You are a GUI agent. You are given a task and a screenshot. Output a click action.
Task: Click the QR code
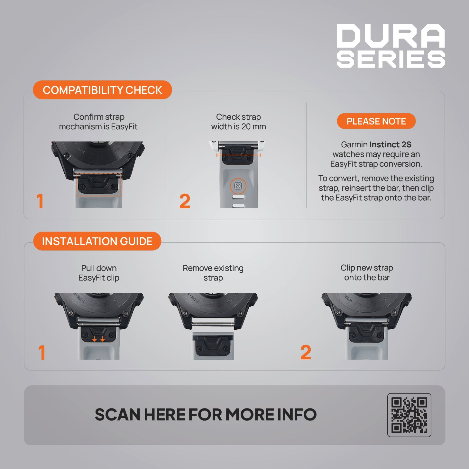click(409, 415)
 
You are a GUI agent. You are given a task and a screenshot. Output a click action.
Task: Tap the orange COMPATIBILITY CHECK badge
click(103, 90)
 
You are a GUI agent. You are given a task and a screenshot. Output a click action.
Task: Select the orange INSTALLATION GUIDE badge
click(97, 241)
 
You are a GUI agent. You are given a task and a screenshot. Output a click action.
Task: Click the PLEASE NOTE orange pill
click(376, 121)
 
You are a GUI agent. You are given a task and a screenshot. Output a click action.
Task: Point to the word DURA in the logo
click(391, 36)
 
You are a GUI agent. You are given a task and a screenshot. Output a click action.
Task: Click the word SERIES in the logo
click(391, 59)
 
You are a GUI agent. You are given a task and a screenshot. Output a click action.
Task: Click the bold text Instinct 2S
click(391, 144)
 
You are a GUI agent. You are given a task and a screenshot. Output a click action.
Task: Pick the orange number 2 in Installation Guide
click(306, 352)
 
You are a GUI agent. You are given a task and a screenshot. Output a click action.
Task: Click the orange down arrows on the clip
click(98, 338)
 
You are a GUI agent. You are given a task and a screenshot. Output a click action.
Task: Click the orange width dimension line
click(239, 155)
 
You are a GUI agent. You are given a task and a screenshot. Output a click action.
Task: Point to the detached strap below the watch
click(213, 346)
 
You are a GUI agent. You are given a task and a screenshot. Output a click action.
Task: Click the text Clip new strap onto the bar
click(367, 272)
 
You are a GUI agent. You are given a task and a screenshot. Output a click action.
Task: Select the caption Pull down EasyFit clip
click(99, 273)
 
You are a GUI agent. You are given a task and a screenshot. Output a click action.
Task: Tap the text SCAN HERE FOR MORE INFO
click(206, 415)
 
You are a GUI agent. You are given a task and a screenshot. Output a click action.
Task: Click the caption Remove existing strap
click(213, 273)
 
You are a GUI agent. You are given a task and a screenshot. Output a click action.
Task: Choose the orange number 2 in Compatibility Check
click(185, 201)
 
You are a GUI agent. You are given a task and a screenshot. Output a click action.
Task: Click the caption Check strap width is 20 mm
click(238, 122)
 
